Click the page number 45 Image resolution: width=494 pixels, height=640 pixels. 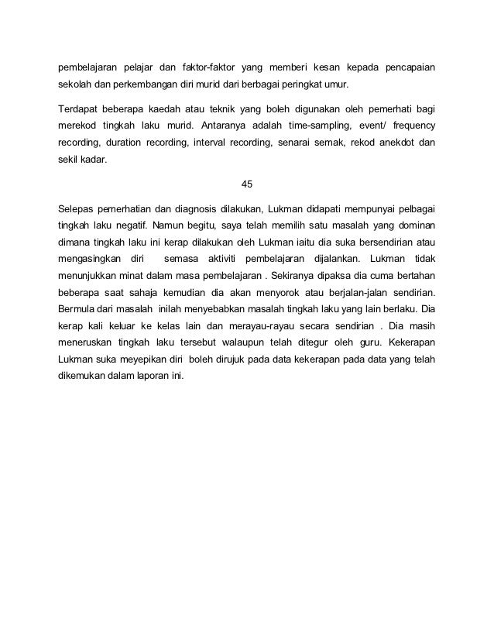[247, 184]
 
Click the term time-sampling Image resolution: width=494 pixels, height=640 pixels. [315, 126]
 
